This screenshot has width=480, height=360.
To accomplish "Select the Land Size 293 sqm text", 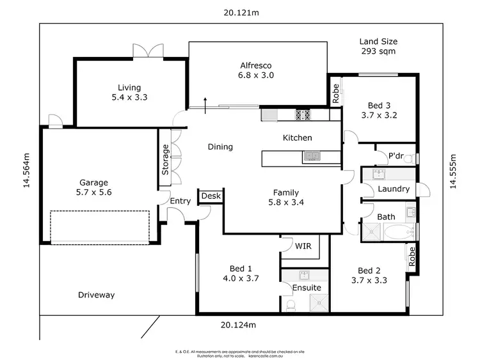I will point(379,46).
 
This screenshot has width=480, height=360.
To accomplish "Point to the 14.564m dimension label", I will point(26,171).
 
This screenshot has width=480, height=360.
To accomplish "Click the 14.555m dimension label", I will point(452,171).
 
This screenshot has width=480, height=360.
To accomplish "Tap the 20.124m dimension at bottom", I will point(238,325).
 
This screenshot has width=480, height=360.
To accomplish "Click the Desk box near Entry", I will point(210,196).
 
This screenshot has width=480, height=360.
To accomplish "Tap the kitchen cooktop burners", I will point(302,115).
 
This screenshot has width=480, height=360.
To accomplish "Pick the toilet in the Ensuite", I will point(291,306).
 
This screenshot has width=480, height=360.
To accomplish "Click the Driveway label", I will point(96,295).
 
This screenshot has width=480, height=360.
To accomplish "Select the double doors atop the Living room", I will point(143,52).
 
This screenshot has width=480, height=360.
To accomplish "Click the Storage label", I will point(165,160).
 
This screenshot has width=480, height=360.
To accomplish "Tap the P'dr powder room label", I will point(396,156).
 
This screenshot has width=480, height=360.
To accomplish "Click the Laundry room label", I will point(394,189).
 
